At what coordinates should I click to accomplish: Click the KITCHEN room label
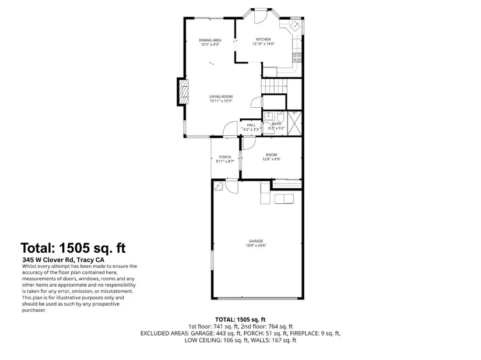coord(263,40)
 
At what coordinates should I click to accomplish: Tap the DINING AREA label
coord(210,40)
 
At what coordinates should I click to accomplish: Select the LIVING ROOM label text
coord(221,97)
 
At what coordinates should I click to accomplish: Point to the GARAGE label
coord(256,241)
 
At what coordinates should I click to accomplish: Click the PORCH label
coord(225,157)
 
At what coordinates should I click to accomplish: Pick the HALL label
coord(251,125)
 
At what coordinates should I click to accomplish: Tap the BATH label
coord(276,123)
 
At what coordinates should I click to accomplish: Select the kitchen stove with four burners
coord(297,57)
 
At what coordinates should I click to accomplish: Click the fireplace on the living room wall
coord(183,92)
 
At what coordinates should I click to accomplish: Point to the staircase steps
coord(273,86)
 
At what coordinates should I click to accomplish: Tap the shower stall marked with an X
coord(295,123)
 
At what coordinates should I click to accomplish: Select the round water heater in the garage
coord(219,186)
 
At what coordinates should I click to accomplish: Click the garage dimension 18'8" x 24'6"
coord(256,245)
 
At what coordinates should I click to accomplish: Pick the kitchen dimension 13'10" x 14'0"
coord(263,44)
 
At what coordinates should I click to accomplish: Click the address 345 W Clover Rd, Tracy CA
coord(63,260)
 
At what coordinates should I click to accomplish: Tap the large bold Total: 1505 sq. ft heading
coord(73,248)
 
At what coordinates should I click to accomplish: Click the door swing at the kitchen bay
coord(260,17)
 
